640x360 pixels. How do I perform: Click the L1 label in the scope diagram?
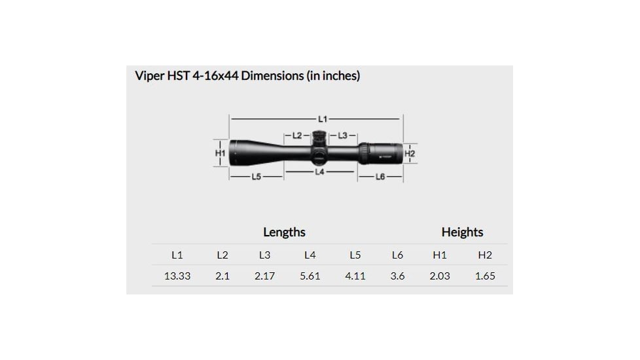323,119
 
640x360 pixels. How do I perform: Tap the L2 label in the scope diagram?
296,135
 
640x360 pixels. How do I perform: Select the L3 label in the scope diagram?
342,135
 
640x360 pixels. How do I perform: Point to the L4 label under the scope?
319,171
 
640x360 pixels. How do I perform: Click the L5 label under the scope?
257,177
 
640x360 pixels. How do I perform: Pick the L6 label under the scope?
380,177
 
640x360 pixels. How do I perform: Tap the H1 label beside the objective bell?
221,153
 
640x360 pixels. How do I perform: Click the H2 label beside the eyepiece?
410,153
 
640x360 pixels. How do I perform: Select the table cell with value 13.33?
177,276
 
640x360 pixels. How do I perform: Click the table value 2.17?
264,276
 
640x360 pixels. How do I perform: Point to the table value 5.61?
310,276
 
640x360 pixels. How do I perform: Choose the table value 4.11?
355,276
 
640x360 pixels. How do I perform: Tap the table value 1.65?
485,276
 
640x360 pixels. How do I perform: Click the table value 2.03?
440,276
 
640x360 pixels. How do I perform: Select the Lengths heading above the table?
284,232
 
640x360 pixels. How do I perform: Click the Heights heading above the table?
462,232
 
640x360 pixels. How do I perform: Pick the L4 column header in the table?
310,255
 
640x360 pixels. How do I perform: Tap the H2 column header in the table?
485,255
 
